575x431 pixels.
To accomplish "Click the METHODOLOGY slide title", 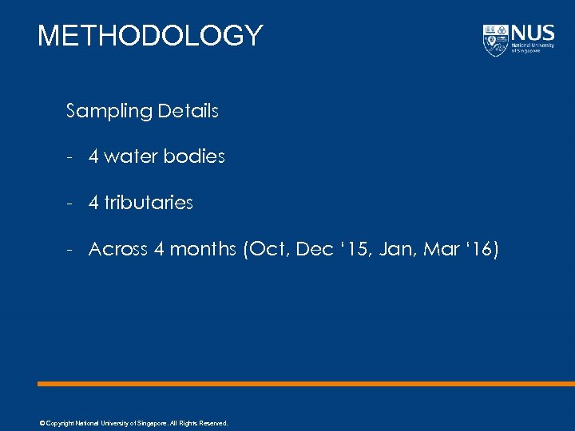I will (x=150, y=35).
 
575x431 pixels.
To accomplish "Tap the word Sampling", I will (x=109, y=111).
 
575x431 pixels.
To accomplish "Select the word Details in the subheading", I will (x=188, y=111).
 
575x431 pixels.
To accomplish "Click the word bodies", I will (x=194, y=156).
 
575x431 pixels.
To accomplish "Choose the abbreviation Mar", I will (x=442, y=249).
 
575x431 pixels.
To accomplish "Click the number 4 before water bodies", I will (x=93, y=156).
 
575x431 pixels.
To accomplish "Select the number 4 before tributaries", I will (x=93, y=203).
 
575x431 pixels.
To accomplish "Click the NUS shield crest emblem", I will (x=495, y=40).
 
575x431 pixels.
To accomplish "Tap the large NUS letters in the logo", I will (x=533, y=34).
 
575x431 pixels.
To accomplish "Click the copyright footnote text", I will (x=133, y=423).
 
